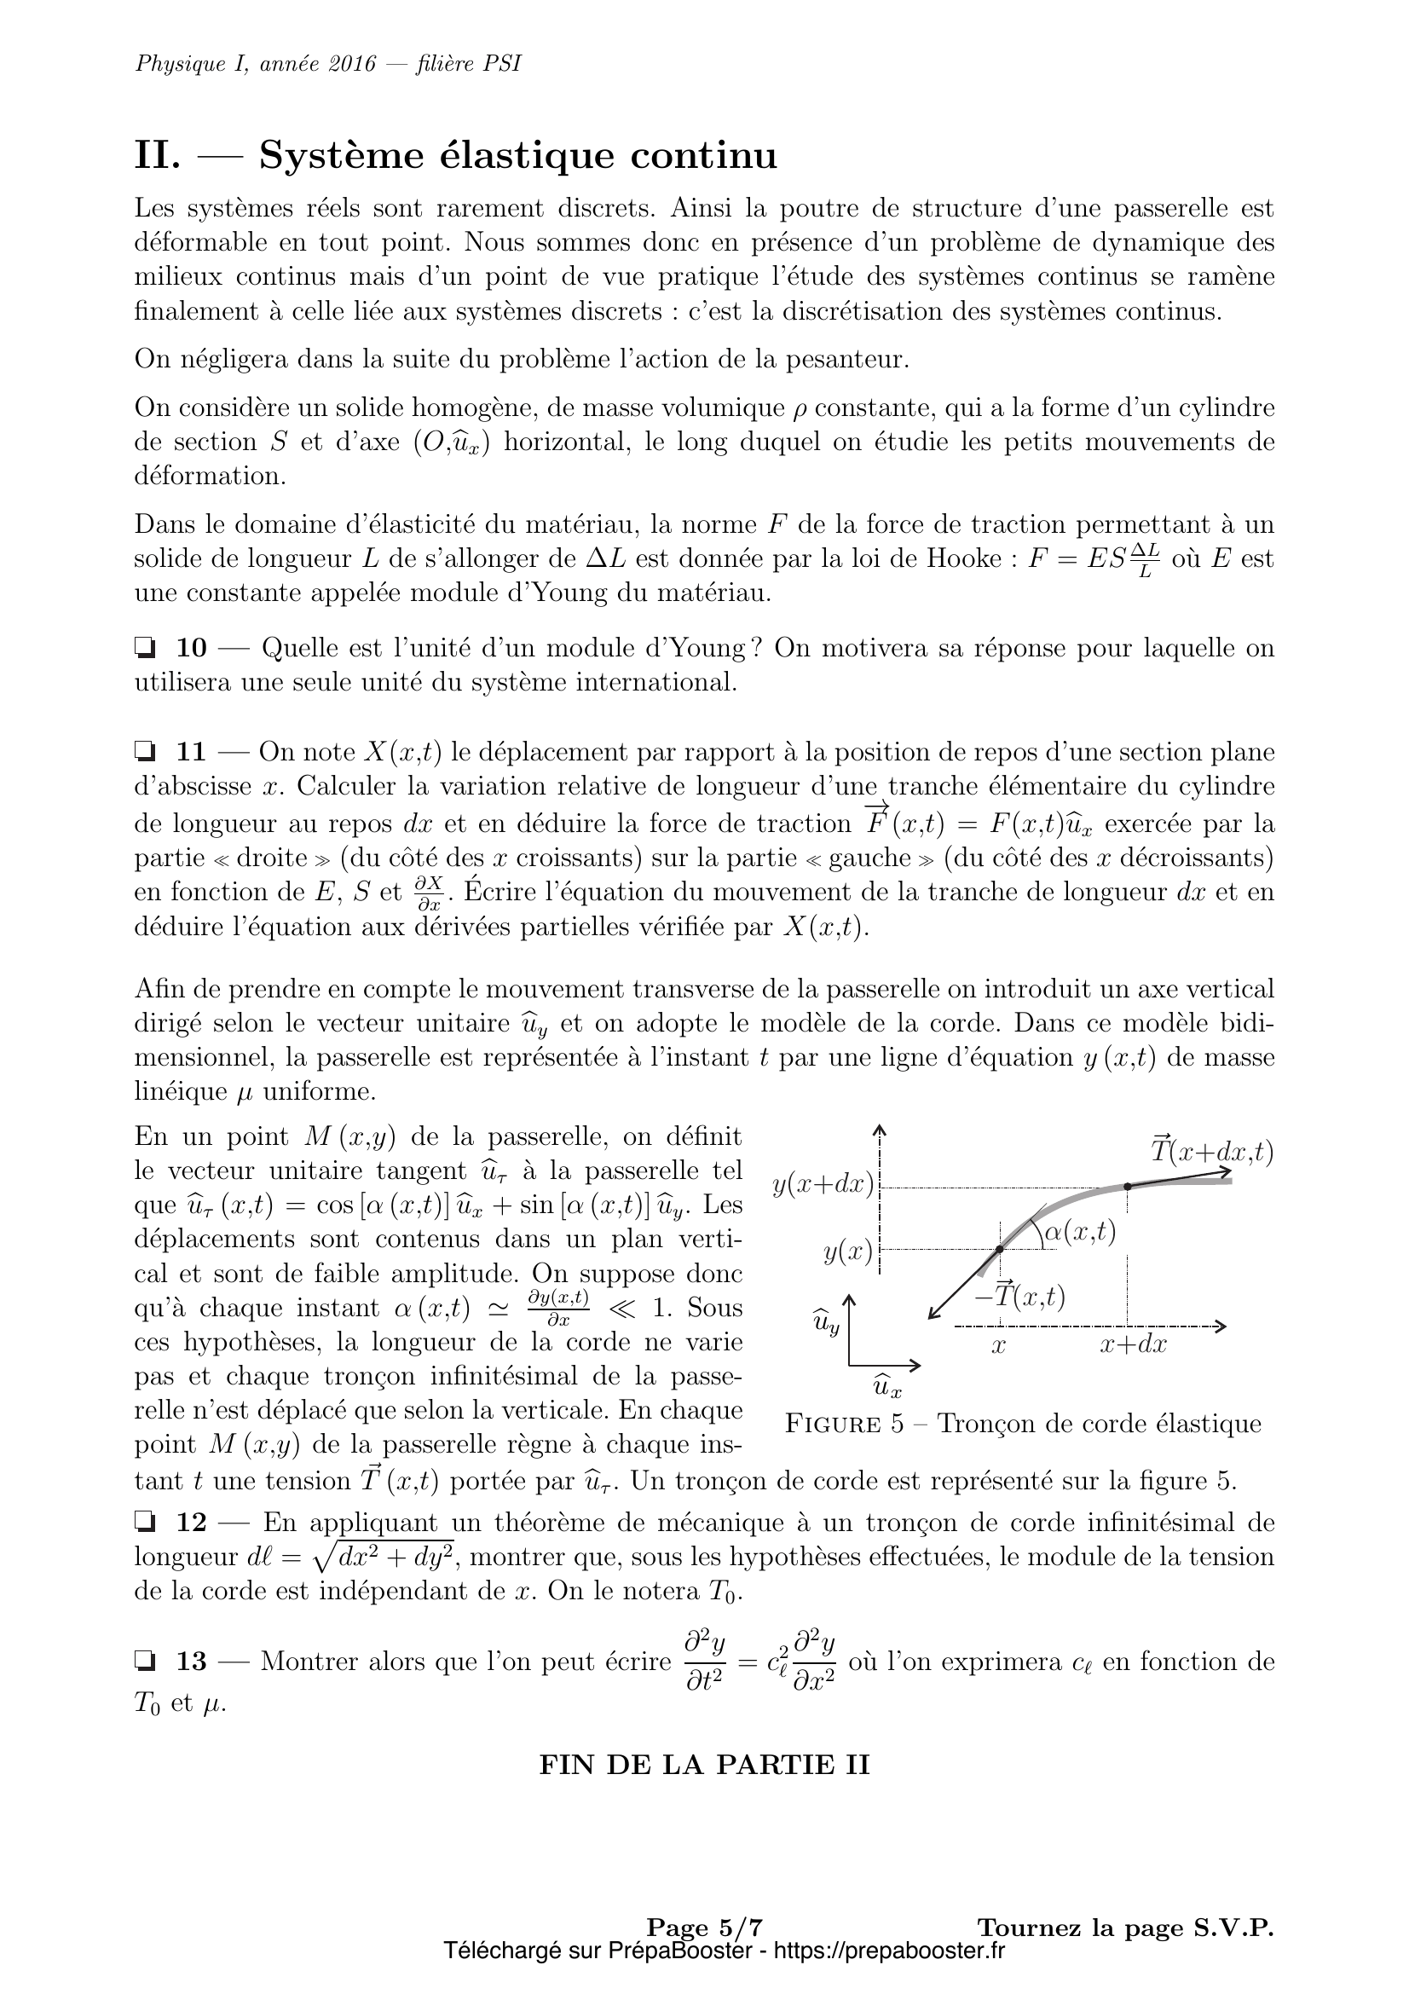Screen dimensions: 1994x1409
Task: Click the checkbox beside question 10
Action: (x=144, y=648)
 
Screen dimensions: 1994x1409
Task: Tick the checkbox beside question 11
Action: (x=144, y=751)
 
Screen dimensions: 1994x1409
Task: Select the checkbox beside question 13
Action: (x=144, y=1662)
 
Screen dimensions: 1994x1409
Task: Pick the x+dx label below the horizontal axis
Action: (x=1133, y=1345)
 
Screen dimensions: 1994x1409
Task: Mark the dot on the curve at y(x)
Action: (x=999, y=1249)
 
